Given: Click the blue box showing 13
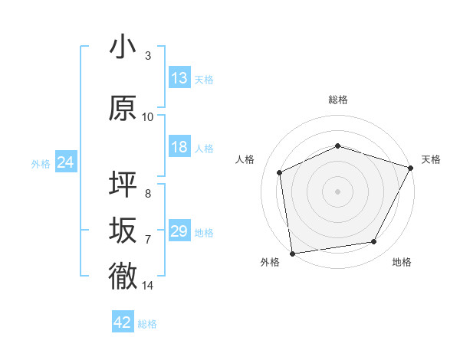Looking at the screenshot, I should (179, 78).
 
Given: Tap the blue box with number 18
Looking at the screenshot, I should (179, 147).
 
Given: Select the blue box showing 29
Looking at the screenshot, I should (179, 231).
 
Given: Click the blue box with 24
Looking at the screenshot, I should (65, 162).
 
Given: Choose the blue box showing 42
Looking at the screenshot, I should (123, 322).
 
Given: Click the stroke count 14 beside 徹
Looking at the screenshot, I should (148, 286).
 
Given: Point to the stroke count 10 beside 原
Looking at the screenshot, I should (148, 117).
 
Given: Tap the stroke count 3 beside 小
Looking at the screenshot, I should (148, 56).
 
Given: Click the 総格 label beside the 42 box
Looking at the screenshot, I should (147, 324).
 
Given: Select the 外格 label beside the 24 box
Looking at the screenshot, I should (41, 164).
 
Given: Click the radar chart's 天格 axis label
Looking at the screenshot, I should (431, 159).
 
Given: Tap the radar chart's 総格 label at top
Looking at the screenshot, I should (337, 100).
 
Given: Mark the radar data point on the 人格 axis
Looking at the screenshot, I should (280, 172).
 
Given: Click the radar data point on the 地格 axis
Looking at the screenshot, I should (374, 242).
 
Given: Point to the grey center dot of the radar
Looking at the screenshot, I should (337, 191).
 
